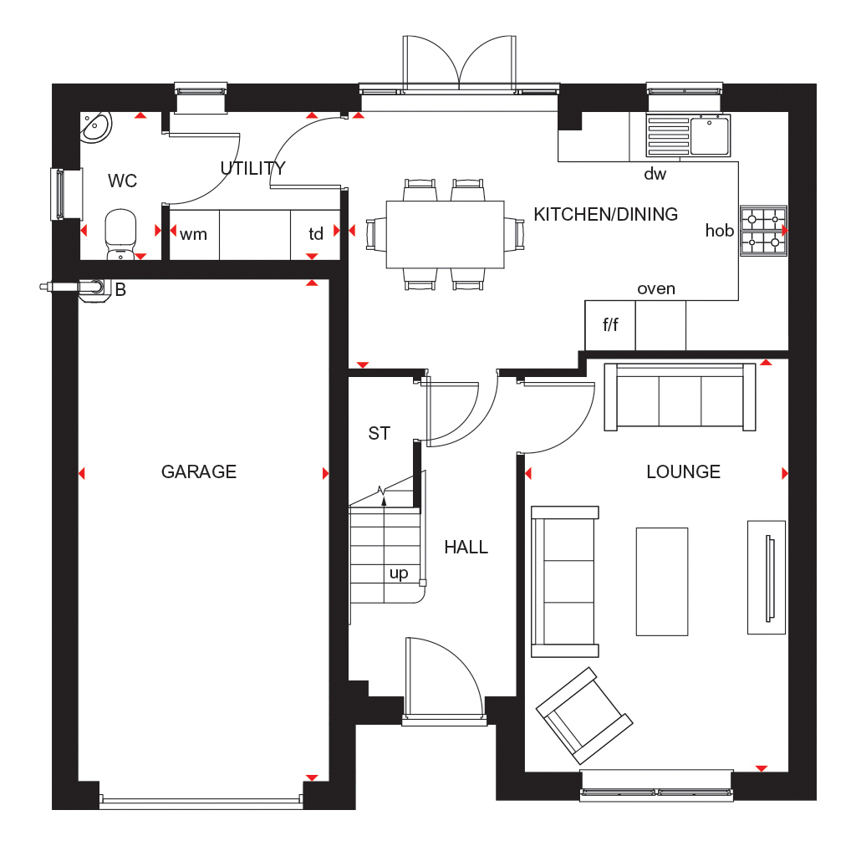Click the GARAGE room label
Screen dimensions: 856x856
point(199,471)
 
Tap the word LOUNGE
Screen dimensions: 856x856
point(683,471)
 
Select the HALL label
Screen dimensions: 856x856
point(466,547)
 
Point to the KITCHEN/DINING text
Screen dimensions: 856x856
point(605,214)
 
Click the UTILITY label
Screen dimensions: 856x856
point(252,168)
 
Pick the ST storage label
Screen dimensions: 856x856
point(379,434)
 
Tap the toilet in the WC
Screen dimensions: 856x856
point(120,235)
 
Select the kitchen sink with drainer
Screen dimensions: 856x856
point(688,135)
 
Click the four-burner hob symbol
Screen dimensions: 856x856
point(763,231)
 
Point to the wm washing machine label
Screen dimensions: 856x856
point(193,235)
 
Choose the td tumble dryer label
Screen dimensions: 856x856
point(316,234)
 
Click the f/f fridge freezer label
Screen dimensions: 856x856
point(610,325)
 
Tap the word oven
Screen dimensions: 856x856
point(656,288)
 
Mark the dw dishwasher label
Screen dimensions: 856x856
point(655,174)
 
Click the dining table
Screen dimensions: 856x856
point(445,234)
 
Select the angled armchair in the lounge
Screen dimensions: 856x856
point(584,716)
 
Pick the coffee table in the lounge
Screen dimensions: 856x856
point(662,582)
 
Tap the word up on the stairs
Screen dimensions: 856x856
point(399,573)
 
